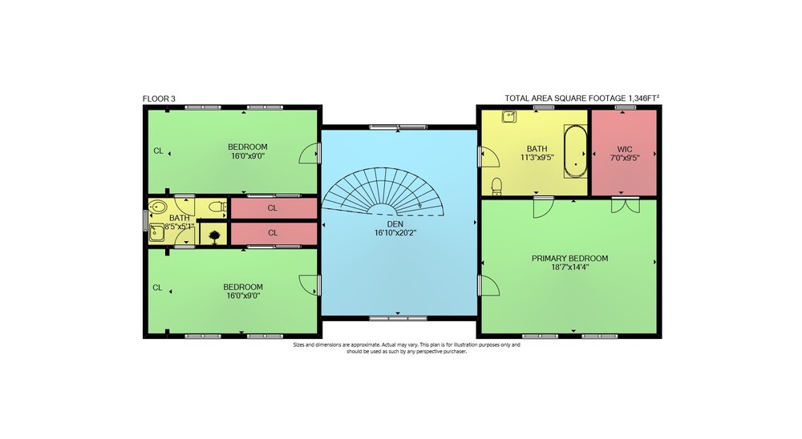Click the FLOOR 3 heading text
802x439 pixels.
159,99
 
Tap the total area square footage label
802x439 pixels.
581,98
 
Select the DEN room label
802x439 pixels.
395,224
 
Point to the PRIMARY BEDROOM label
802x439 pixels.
569,258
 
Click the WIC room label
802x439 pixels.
625,149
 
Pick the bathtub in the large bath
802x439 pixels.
575,151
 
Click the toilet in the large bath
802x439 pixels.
496,187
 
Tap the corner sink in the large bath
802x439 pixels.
508,117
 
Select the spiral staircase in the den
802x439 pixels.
383,191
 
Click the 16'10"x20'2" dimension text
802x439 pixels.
395,232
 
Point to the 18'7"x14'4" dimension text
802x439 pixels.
569,266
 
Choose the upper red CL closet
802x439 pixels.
273,208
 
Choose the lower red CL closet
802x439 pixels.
273,233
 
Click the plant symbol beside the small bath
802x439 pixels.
214,236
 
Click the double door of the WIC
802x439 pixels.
625,205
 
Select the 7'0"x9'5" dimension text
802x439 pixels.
625,158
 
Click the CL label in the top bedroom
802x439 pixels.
159,151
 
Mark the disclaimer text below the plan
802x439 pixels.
407,348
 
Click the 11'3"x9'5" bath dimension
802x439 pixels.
537,157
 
